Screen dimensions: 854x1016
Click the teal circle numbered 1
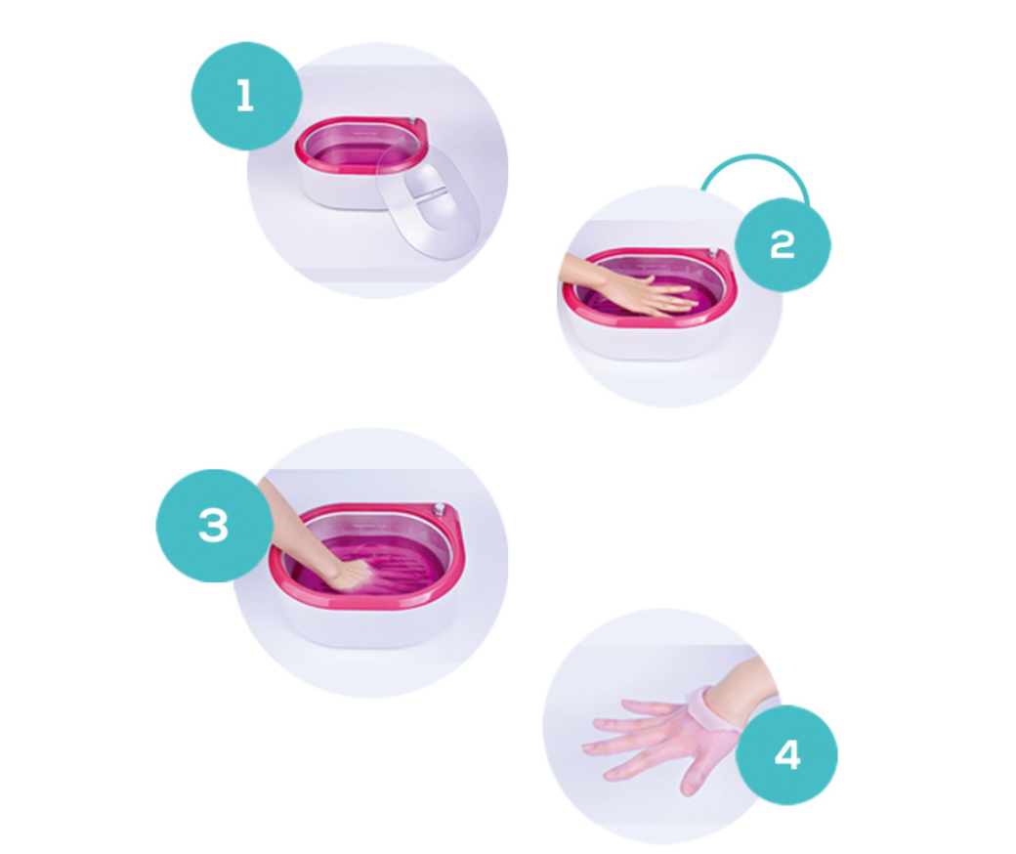coord(245,97)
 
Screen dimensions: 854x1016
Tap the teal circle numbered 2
coord(782,243)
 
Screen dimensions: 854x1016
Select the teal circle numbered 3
coord(212,526)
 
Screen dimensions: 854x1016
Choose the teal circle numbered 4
coord(786,754)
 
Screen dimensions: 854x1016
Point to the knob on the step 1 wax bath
coord(417,124)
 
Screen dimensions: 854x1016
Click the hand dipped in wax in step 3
coord(347,571)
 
